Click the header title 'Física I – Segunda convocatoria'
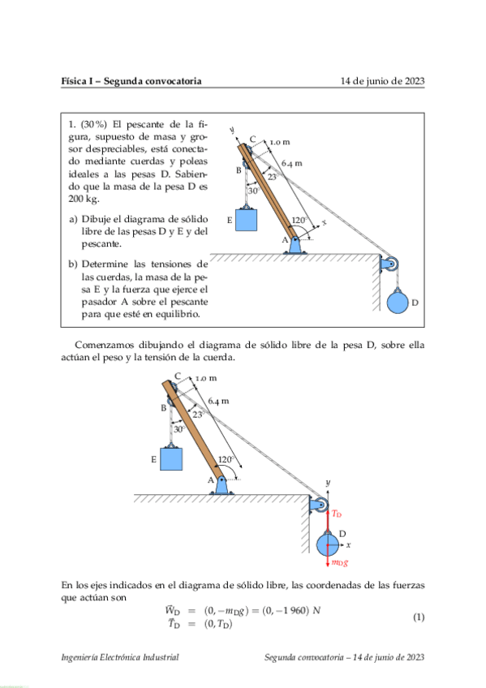pyautogui.click(x=131, y=81)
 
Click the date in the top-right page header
pyautogui.click(x=383, y=81)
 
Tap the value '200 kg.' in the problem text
pyautogui.click(x=84, y=198)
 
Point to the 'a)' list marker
pyautogui.click(x=73, y=219)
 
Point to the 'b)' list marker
pyautogui.click(x=73, y=264)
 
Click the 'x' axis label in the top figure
pyautogui.click(x=324, y=221)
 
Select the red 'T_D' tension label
pyautogui.click(x=338, y=514)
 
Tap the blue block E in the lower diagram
pyautogui.click(x=171, y=458)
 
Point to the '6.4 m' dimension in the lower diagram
pyautogui.click(x=217, y=401)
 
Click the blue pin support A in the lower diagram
pyautogui.click(x=223, y=486)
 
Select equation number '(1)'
pyautogui.click(x=419, y=617)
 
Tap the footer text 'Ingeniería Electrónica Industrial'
pyautogui.click(x=120, y=658)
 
